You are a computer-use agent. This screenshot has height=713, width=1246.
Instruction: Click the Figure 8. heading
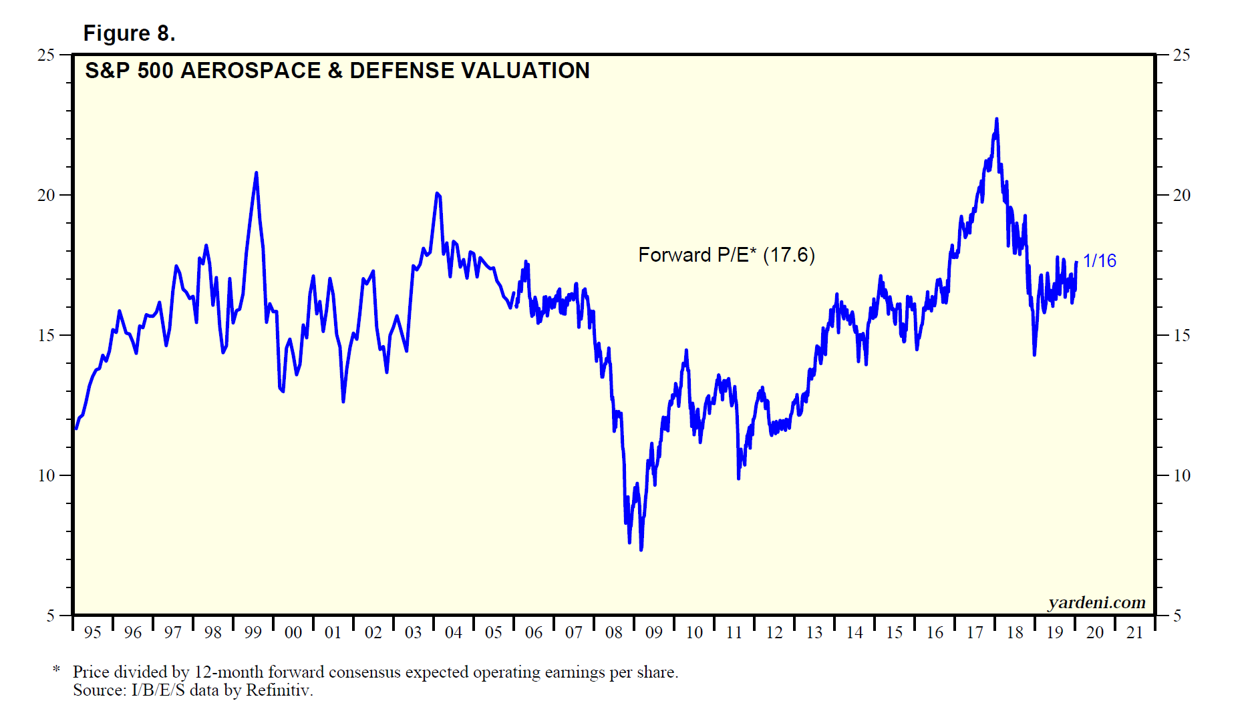point(129,33)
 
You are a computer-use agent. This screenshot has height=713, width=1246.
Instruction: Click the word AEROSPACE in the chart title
point(251,71)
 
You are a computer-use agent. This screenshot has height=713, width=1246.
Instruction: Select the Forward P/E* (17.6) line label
point(726,255)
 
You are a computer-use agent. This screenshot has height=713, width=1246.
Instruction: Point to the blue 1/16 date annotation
point(1099,260)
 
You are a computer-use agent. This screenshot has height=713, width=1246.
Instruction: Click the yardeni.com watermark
point(1096,602)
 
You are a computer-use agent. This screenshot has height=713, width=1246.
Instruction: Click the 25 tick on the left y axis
point(46,55)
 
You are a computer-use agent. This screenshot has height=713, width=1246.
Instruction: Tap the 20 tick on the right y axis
point(1181,195)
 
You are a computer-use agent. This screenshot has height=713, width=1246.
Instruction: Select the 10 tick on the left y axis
point(46,475)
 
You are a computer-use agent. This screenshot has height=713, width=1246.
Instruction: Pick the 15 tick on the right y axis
point(1181,335)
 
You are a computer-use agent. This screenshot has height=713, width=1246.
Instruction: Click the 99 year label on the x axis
point(253,632)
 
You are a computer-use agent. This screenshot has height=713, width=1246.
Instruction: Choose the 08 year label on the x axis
point(614,632)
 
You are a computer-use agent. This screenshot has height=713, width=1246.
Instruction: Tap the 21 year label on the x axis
point(1135,632)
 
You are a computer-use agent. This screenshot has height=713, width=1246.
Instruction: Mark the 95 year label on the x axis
point(93,632)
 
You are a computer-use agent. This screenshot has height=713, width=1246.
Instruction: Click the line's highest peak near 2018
point(997,120)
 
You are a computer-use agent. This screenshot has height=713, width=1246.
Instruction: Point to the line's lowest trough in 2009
point(641,549)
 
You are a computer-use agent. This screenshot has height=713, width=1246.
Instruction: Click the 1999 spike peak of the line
point(256,173)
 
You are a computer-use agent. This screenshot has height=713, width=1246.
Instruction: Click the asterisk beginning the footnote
point(57,670)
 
